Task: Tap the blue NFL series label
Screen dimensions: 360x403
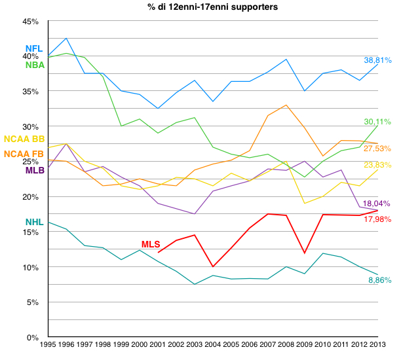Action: click(33, 49)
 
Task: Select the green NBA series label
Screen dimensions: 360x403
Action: click(34, 65)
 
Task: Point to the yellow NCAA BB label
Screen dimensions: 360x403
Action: click(24, 139)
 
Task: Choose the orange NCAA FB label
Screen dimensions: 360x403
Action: click(24, 154)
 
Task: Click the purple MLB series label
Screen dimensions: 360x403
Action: click(35, 170)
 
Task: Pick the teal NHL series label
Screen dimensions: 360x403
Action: click(34, 223)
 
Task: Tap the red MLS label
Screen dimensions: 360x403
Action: click(150, 244)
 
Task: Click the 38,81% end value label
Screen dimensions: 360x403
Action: click(378, 60)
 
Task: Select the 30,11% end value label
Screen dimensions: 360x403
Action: click(378, 122)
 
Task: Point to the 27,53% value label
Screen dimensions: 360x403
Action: click(378, 149)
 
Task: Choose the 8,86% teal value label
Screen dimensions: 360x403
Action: click(379, 280)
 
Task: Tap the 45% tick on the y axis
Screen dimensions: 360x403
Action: click(31, 22)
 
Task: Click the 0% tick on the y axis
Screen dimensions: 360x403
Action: click(34, 338)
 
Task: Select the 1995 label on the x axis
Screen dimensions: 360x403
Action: click(48, 344)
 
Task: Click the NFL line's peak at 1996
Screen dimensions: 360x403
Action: click(67, 38)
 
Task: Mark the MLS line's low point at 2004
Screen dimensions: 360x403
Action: click(212, 266)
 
